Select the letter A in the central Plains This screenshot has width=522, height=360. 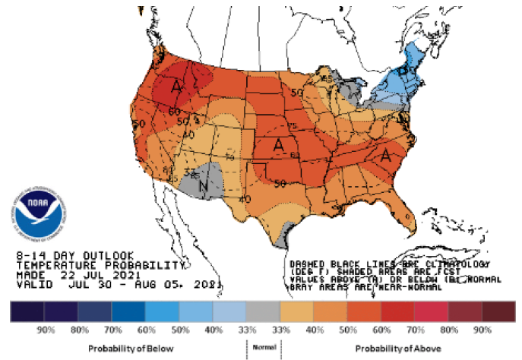pyautogui.click(x=279, y=144)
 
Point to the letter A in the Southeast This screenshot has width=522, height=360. pyautogui.click(x=385, y=156)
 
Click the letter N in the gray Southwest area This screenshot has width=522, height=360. pyautogui.click(x=203, y=183)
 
